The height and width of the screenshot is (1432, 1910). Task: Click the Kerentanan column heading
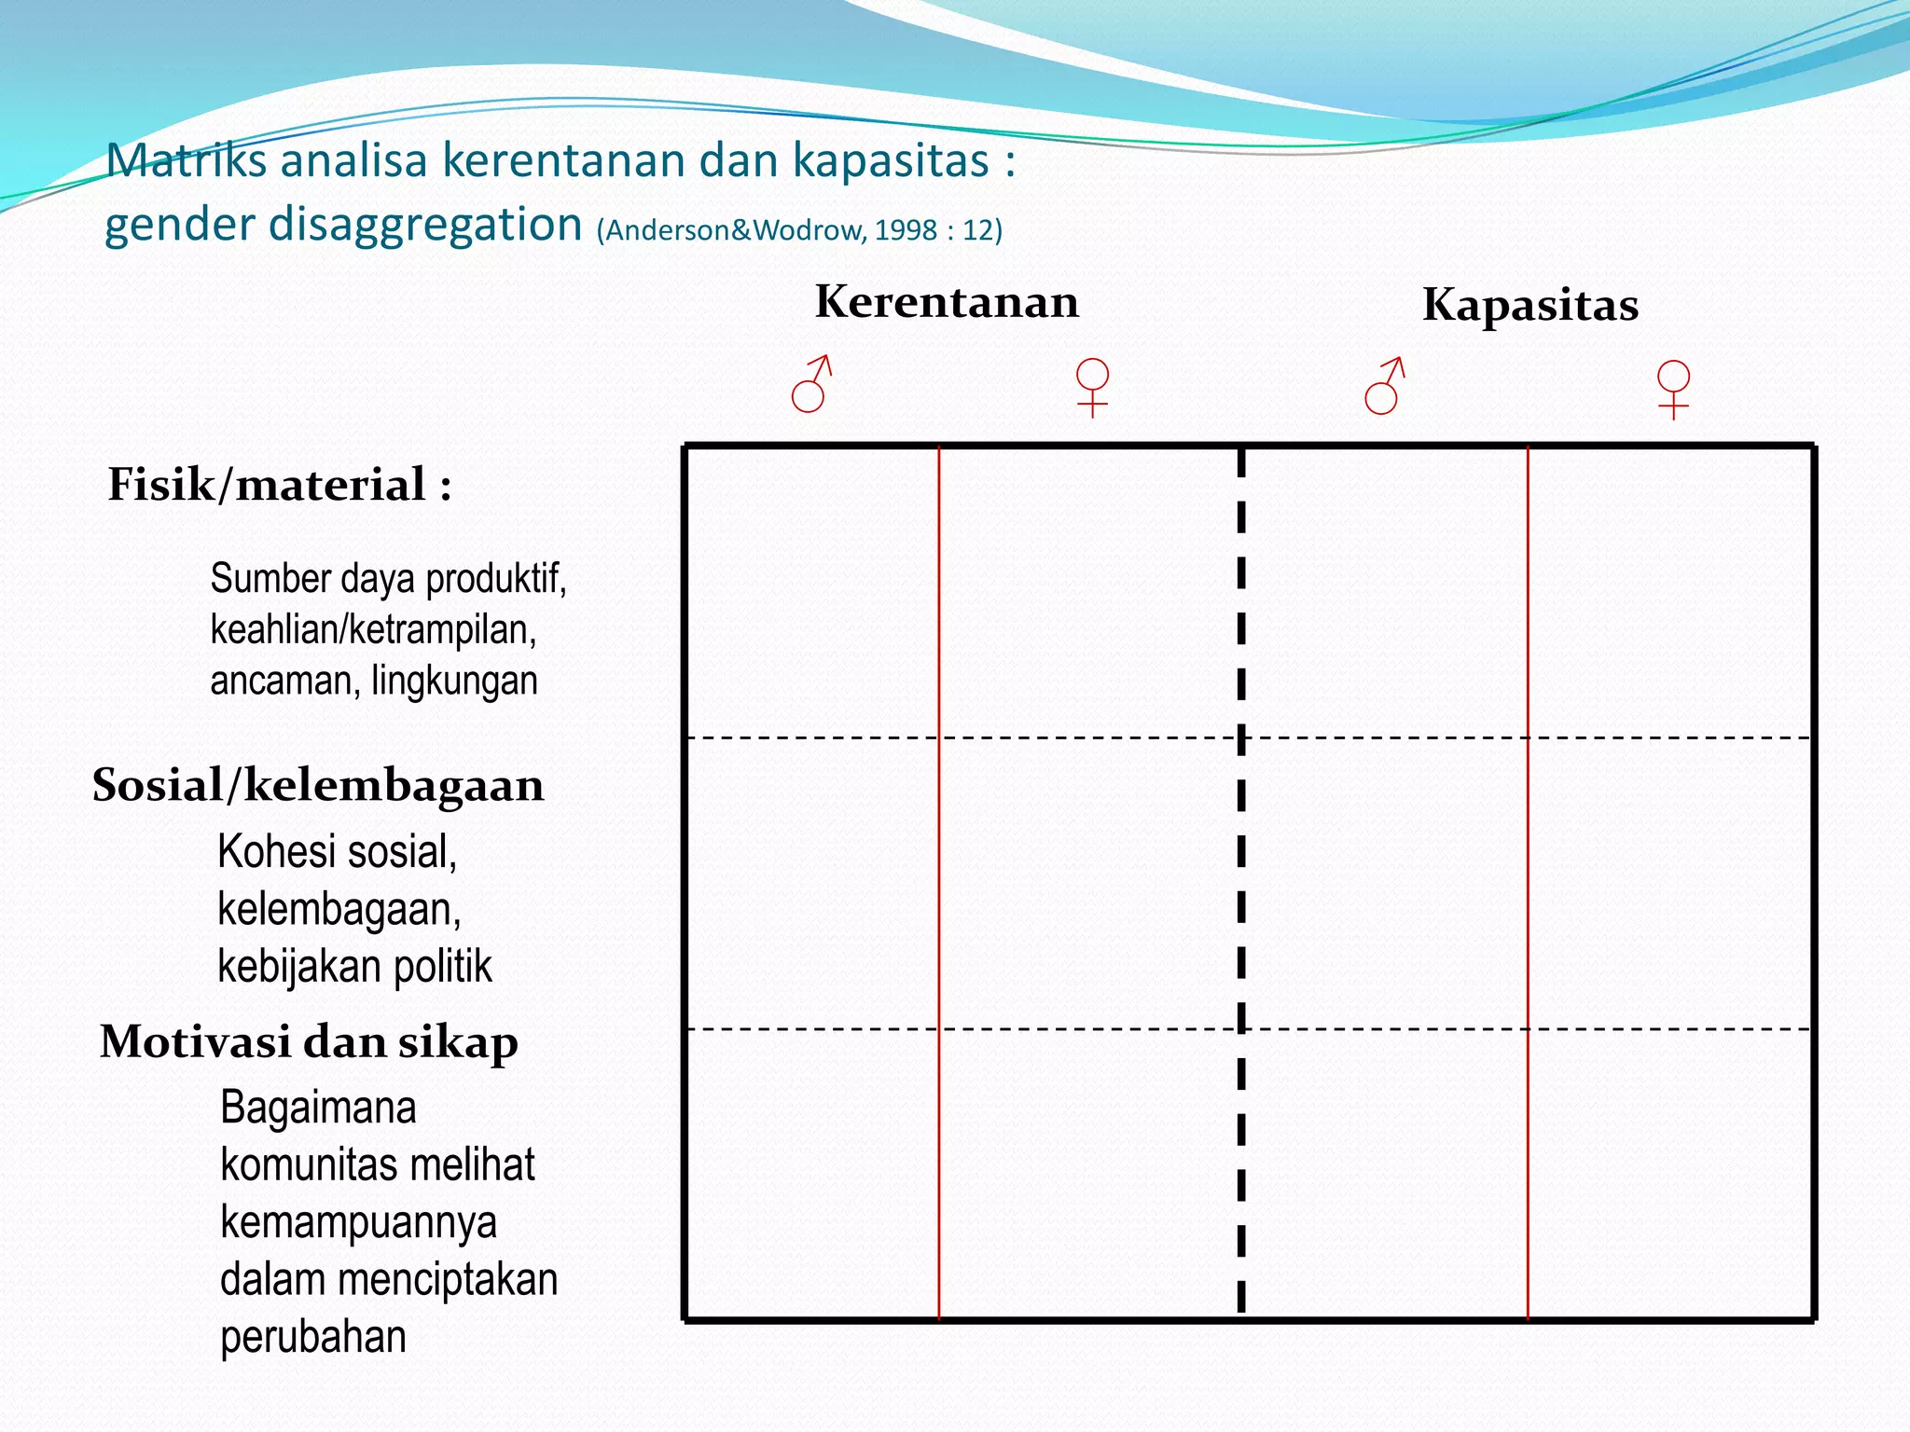point(947,302)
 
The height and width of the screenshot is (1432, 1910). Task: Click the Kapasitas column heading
point(1529,305)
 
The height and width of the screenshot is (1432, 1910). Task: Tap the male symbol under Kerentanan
point(810,384)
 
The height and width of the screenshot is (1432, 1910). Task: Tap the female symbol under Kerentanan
point(1092,387)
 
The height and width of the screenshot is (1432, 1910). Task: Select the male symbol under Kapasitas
point(1384,386)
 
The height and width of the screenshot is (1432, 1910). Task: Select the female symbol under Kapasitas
point(1673,389)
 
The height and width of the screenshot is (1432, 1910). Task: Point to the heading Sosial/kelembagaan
point(318,785)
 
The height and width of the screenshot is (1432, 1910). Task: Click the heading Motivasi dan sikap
point(309,1041)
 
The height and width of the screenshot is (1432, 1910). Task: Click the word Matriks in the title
point(186,160)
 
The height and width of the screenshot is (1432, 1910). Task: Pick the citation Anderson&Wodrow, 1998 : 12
point(799,230)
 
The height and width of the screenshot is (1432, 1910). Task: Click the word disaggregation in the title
point(425,225)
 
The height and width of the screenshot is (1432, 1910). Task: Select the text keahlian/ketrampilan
point(373,630)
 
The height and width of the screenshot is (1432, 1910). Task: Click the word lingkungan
point(454,681)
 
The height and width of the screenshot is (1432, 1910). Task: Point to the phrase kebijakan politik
point(354,966)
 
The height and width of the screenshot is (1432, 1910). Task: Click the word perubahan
point(313,1337)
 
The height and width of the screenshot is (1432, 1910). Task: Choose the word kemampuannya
point(358,1222)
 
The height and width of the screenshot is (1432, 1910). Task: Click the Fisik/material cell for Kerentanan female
point(1089,592)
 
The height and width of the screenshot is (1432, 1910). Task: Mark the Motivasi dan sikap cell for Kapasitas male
point(1384,1175)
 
